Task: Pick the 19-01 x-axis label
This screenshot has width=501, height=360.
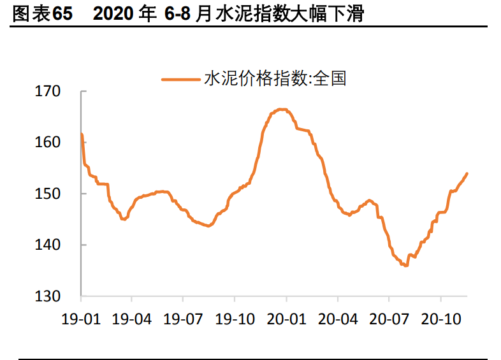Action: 81,318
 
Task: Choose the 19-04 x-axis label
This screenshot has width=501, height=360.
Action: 132,318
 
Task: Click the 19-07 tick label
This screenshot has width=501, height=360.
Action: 184,318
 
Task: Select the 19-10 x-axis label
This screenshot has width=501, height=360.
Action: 235,318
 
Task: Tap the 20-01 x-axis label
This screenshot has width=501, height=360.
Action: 286,318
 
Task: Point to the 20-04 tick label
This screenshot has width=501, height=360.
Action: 338,318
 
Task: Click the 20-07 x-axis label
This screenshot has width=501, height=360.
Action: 389,318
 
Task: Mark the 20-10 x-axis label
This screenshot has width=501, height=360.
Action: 440,318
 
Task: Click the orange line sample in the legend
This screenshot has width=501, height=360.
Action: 180,79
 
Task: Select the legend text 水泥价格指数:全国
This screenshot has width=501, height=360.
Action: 275,78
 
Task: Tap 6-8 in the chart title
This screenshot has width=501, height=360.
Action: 178,14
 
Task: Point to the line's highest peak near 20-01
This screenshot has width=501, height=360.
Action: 281,109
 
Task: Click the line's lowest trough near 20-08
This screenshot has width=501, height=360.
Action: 405,266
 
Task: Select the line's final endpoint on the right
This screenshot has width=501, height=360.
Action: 467,173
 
